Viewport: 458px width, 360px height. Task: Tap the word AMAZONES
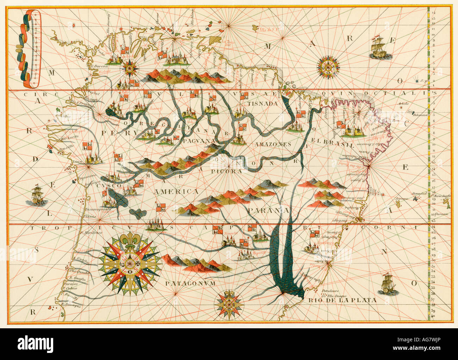[273, 144]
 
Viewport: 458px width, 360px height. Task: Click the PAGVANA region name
[199, 141]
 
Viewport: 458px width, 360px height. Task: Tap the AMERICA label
[176, 191]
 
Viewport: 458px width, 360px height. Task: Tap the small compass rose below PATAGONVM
[229, 303]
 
